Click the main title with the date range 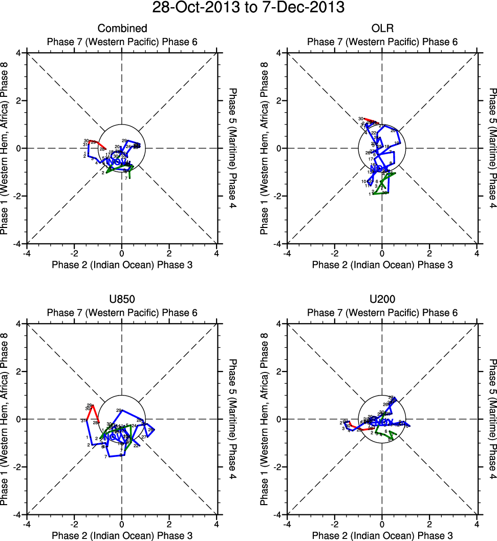point(248,9)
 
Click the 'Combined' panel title point(122,29)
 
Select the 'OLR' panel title point(382,29)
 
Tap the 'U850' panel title point(122,300)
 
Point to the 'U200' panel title point(382,300)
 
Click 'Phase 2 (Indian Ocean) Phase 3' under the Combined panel point(122,264)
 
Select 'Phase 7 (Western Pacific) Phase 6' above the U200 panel point(382,313)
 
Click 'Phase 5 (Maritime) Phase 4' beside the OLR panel point(492,148)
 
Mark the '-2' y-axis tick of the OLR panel point(279,196)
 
